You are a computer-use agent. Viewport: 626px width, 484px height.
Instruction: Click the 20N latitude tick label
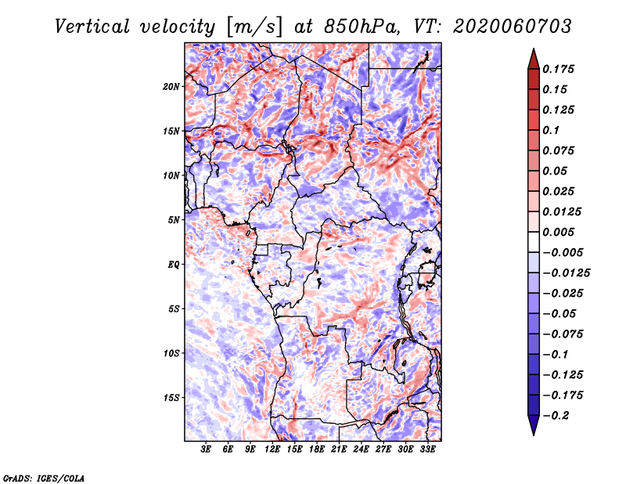[x=171, y=87]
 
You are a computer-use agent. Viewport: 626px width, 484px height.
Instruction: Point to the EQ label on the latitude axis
[x=174, y=265]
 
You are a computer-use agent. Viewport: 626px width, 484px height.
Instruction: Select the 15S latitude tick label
[x=171, y=398]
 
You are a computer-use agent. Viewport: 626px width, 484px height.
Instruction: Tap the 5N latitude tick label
[x=174, y=220]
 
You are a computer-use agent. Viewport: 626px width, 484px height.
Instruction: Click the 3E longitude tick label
[x=205, y=450]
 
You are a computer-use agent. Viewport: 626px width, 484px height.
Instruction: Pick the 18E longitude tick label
[x=316, y=450]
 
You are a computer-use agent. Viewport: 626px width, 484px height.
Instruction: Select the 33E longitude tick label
[x=427, y=450]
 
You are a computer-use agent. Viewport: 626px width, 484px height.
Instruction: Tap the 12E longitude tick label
[x=272, y=450]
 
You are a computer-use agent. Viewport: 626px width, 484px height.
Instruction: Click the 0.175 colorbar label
[x=558, y=69]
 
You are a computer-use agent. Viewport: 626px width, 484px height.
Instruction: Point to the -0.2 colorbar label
[x=556, y=416]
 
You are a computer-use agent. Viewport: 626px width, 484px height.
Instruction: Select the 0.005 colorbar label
[x=558, y=232]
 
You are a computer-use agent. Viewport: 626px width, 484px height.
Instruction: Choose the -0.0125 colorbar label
[x=566, y=273]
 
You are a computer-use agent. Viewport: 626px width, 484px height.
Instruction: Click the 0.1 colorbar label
[x=551, y=130]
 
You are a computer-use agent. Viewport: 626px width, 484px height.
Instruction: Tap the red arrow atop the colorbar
[x=534, y=60]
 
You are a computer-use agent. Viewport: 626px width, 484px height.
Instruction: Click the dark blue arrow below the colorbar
[x=534, y=425]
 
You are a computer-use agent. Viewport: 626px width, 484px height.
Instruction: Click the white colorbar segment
[x=534, y=242]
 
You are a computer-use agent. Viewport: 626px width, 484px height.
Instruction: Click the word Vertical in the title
[x=92, y=27]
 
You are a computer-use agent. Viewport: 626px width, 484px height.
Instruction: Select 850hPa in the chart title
[x=362, y=27]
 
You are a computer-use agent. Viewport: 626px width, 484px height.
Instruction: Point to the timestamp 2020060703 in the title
[x=513, y=27]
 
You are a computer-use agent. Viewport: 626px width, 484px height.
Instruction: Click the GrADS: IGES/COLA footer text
[x=44, y=479]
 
